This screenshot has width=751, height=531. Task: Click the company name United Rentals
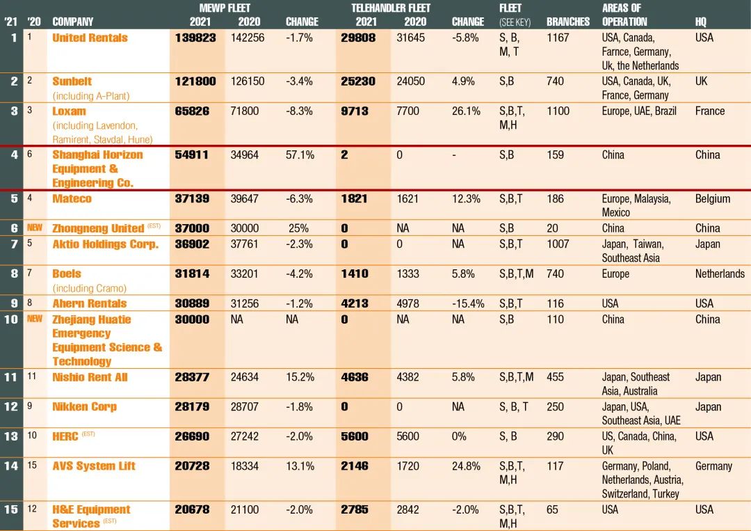click(90, 38)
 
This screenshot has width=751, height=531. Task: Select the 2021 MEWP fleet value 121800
click(195, 81)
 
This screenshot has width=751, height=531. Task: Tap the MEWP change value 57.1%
click(300, 154)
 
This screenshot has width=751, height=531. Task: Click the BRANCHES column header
click(567, 22)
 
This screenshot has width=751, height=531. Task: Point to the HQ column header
click(701, 22)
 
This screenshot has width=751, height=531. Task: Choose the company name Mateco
click(72, 198)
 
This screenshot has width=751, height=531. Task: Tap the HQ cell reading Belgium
click(713, 198)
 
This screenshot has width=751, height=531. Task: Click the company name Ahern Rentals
click(89, 303)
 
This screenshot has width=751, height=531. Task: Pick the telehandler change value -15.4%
click(468, 303)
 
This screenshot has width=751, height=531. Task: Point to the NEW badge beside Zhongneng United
click(34, 228)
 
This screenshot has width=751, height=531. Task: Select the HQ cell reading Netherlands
click(720, 274)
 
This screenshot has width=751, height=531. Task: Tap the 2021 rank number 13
click(10, 436)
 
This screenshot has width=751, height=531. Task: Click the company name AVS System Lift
click(94, 466)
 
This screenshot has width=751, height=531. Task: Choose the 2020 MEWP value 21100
click(247, 509)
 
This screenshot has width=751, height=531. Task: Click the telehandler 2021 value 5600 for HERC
click(355, 436)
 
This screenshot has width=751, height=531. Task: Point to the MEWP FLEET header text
click(225, 8)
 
